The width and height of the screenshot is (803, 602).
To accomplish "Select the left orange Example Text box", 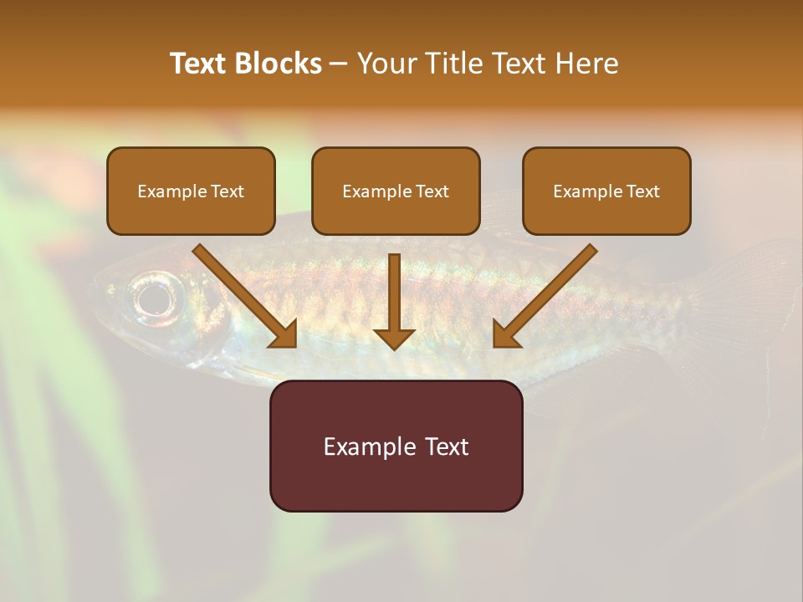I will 191,191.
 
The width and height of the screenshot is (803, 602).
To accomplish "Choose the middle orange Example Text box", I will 396,191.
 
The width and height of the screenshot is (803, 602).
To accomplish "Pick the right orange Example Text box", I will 606,191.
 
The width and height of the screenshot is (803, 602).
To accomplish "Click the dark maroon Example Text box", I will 396,446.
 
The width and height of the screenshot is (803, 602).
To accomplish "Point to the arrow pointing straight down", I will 394,301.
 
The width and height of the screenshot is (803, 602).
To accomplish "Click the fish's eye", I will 156,296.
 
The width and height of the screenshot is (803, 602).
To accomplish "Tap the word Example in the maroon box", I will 368,446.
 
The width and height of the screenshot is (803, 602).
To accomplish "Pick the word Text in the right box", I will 642,191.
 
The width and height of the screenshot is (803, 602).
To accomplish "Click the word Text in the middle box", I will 432,191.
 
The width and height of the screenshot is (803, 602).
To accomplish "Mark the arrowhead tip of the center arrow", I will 394,348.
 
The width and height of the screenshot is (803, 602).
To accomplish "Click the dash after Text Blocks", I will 339,64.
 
